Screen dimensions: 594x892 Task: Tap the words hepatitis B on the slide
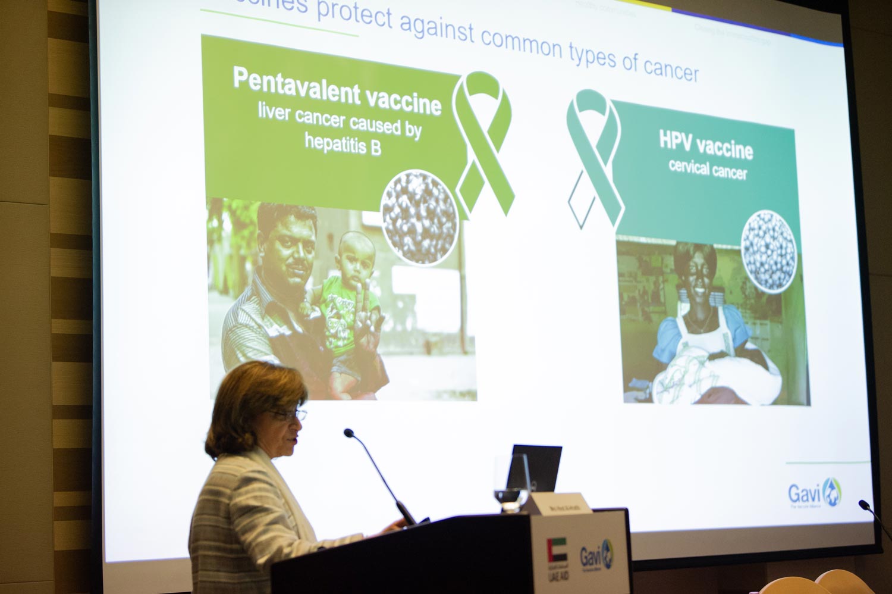pos(343,143)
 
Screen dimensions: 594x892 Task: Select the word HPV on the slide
pos(679,140)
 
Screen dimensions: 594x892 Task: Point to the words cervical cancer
pos(707,168)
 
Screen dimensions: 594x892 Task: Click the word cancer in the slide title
pos(671,68)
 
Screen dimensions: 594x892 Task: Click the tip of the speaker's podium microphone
pos(348,432)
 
